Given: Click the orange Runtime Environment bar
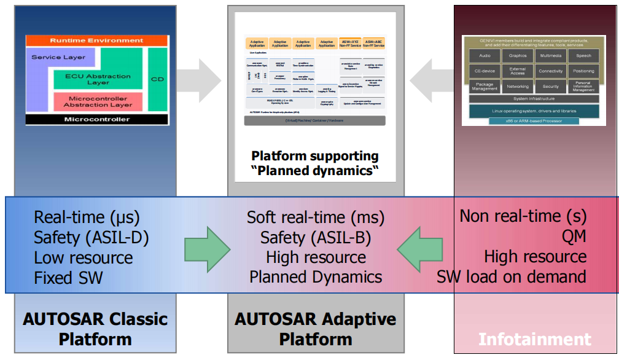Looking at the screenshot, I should (96, 41).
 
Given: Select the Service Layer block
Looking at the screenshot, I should (58, 58).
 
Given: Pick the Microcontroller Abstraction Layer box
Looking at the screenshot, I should (98, 101).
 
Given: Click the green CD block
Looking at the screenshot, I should (157, 79).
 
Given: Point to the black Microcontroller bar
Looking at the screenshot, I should (96, 119).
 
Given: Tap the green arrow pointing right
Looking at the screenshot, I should (207, 248).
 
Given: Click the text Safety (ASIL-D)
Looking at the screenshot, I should (91, 237).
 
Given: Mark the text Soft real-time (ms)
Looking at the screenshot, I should (316, 217).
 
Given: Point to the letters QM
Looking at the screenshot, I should (575, 237).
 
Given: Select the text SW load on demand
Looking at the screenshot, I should (511, 276).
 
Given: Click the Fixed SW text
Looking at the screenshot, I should (68, 277).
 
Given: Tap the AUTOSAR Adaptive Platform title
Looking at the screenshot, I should (315, 329).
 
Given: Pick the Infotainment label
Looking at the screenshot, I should (534, 339).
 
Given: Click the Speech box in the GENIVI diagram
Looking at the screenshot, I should (583, 56).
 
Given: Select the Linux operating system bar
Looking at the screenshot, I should (534, 111).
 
